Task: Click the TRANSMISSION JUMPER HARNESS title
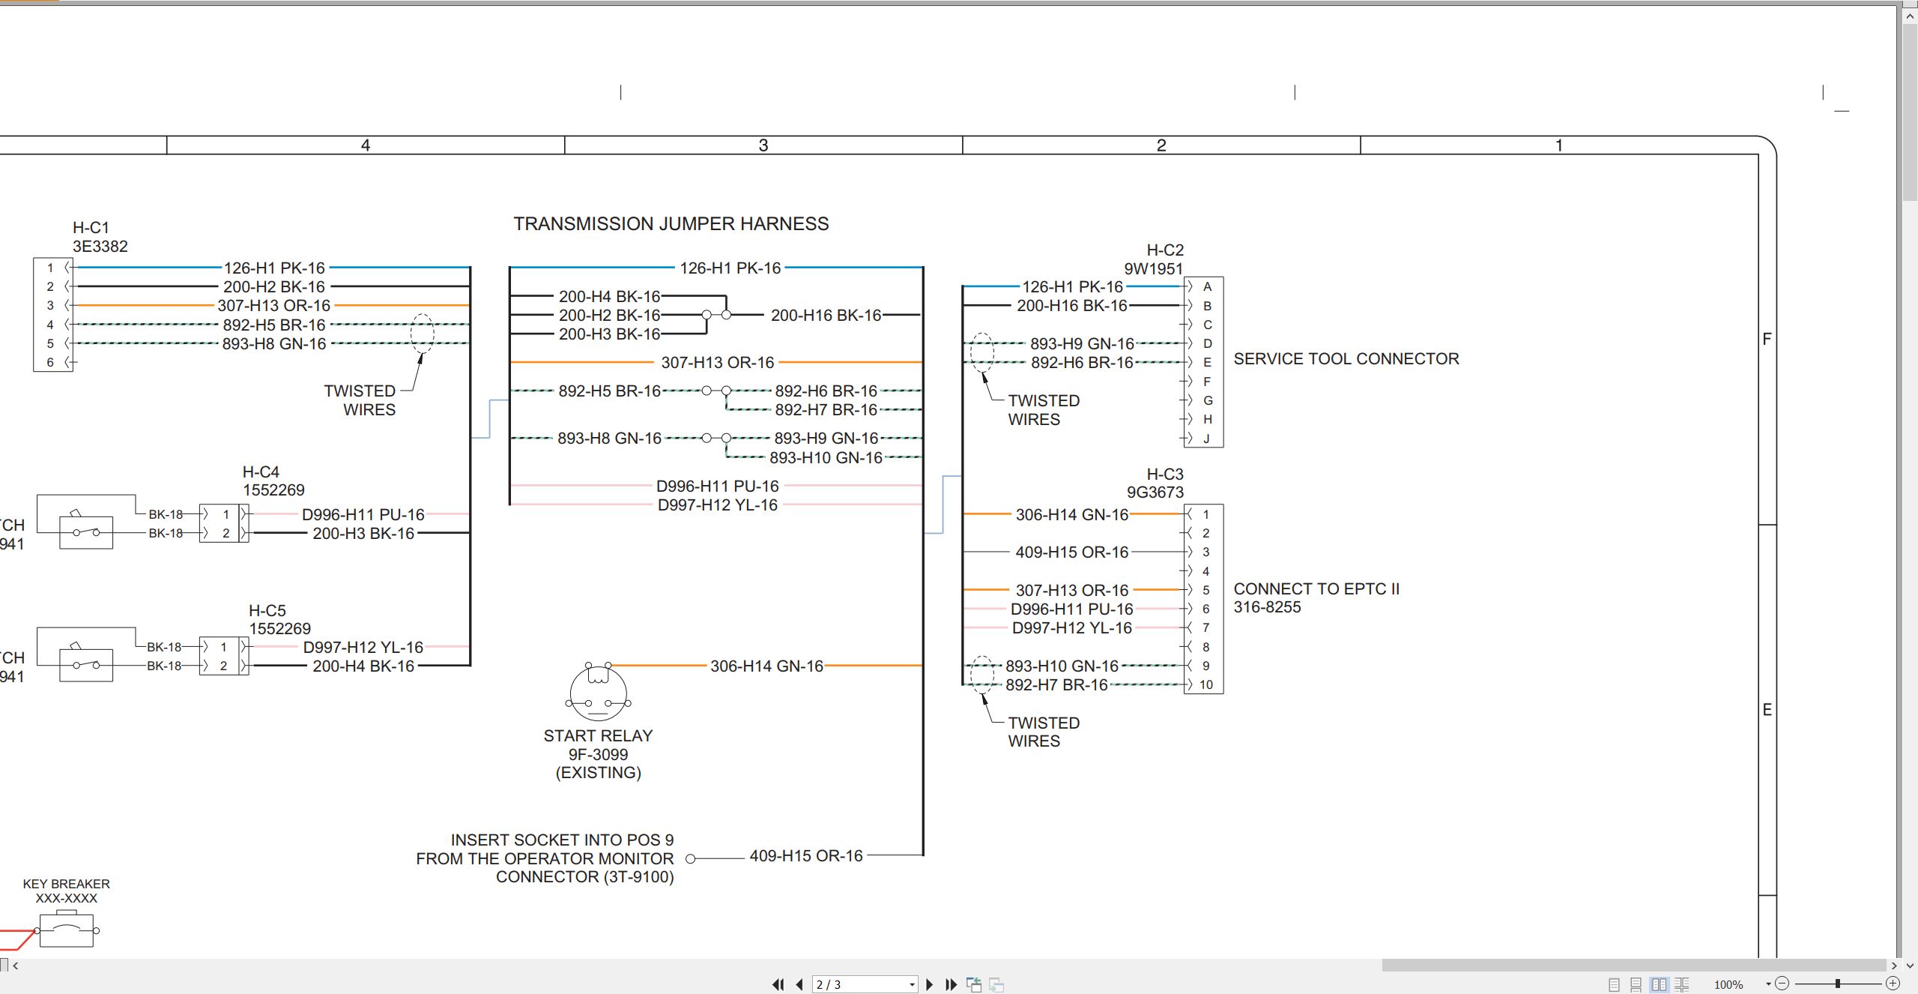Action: point(671,224)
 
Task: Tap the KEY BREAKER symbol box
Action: point(67,930)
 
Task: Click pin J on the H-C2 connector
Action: point(1206,439)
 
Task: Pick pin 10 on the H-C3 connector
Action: point(1205,684)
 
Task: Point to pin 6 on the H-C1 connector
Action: point(50,362)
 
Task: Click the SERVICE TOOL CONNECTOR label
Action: point(1346,359)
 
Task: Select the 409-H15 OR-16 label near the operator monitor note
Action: point(806,855)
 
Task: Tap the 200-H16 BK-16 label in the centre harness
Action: point(826,316)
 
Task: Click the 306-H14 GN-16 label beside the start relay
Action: point(766,666)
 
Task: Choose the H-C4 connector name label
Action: point(261,472)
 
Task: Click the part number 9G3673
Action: point(1155,492)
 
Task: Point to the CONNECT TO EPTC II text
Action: point(1316,589)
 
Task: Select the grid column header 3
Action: point(763,145)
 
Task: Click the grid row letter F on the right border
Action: point(1767,340)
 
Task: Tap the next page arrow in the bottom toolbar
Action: point(930,984)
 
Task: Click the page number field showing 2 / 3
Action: point(865,984)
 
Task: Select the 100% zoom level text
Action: point(1728,984)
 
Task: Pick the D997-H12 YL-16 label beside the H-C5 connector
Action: point(363,647)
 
